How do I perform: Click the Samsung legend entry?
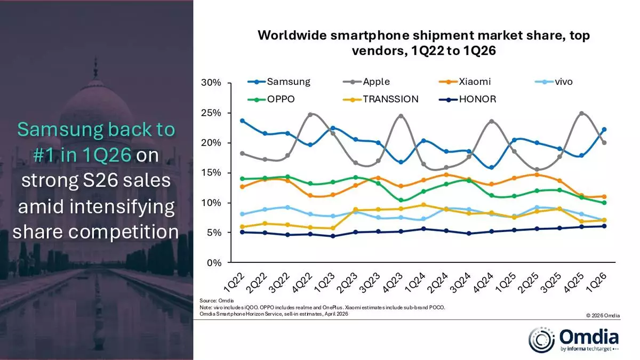coord(288,82)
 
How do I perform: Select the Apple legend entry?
coord(376,82)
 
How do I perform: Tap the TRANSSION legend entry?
coord(390,99)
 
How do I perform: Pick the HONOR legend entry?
coord(477,99)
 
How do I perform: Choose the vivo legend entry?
coord(564,82)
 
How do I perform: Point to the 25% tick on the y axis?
coord(211,113)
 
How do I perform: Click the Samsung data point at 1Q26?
coord(604,130)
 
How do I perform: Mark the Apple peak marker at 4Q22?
coord(310,115)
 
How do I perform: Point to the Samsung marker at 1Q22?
coord(243,121)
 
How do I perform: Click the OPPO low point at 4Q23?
coord(401,201)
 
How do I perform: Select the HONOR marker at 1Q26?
coord(604,226)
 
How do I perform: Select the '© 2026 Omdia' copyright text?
coord(603,316)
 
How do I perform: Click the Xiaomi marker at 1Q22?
coord(243,187)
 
